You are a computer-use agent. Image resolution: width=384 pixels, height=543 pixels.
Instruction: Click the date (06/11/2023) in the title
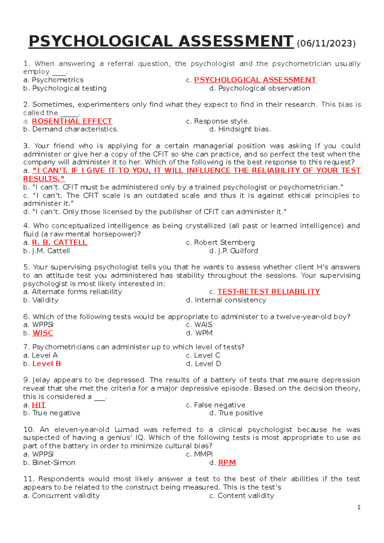tap(326, 43)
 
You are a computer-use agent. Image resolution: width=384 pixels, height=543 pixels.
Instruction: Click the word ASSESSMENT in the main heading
tap(236, 42)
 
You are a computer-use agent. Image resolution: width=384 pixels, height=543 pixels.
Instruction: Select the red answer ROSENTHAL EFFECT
tap(72, 121)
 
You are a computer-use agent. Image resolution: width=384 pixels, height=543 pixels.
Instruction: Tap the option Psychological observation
tap(264, 88)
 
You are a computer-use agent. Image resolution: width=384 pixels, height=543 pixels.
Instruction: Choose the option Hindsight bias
tap(244, 129)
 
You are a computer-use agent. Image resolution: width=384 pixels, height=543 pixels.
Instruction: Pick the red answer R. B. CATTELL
tap(60, 242)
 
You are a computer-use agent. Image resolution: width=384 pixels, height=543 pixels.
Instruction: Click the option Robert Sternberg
tap(224, 242)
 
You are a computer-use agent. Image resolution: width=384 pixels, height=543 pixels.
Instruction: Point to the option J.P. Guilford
tap(238, 251)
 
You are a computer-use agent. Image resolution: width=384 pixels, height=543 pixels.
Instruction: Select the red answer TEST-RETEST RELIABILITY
tap(268, 292)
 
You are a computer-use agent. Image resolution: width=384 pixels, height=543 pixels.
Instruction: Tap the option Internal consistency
tap(230, 300)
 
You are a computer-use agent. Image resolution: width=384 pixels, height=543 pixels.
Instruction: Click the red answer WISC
tap(43, 333)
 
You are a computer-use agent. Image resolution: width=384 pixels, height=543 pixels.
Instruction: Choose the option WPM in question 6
tap(204, 333)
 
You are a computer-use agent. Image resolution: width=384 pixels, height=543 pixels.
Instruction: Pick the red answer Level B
tap(46, 364)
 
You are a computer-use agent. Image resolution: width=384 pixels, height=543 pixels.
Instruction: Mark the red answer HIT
tap(39, 405)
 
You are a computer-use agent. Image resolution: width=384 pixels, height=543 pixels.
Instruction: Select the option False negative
tap(220, 405)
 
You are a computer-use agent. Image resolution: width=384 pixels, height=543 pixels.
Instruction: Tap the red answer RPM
tap(227, 462)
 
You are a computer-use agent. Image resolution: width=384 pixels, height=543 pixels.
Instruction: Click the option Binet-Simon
tap(53, 462)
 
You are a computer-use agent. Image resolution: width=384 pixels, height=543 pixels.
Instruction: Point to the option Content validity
tap(245, 495)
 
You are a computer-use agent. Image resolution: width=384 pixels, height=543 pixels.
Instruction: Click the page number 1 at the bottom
tap(359, 507)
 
